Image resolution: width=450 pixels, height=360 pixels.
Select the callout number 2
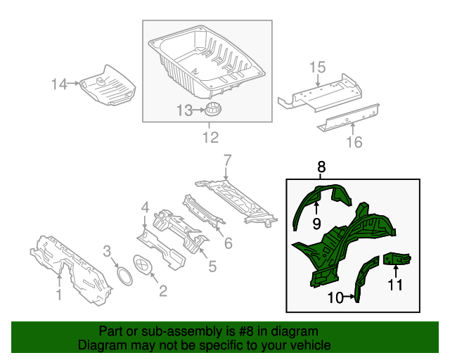162,289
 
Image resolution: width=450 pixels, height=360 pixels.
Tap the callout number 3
107,251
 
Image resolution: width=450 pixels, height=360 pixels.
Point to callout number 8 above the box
321,167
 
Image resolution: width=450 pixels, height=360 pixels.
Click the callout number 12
210,137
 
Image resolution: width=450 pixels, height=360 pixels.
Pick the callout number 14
58,84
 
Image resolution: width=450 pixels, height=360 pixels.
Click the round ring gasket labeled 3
124,276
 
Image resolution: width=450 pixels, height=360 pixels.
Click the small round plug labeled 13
212,109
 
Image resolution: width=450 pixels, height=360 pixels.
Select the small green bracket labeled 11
397,259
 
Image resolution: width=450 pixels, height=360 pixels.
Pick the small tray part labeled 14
108,86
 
